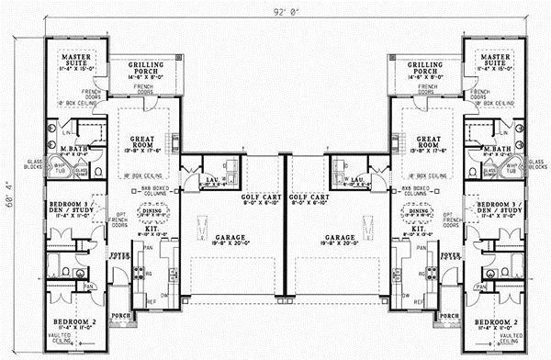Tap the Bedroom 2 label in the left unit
77,323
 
